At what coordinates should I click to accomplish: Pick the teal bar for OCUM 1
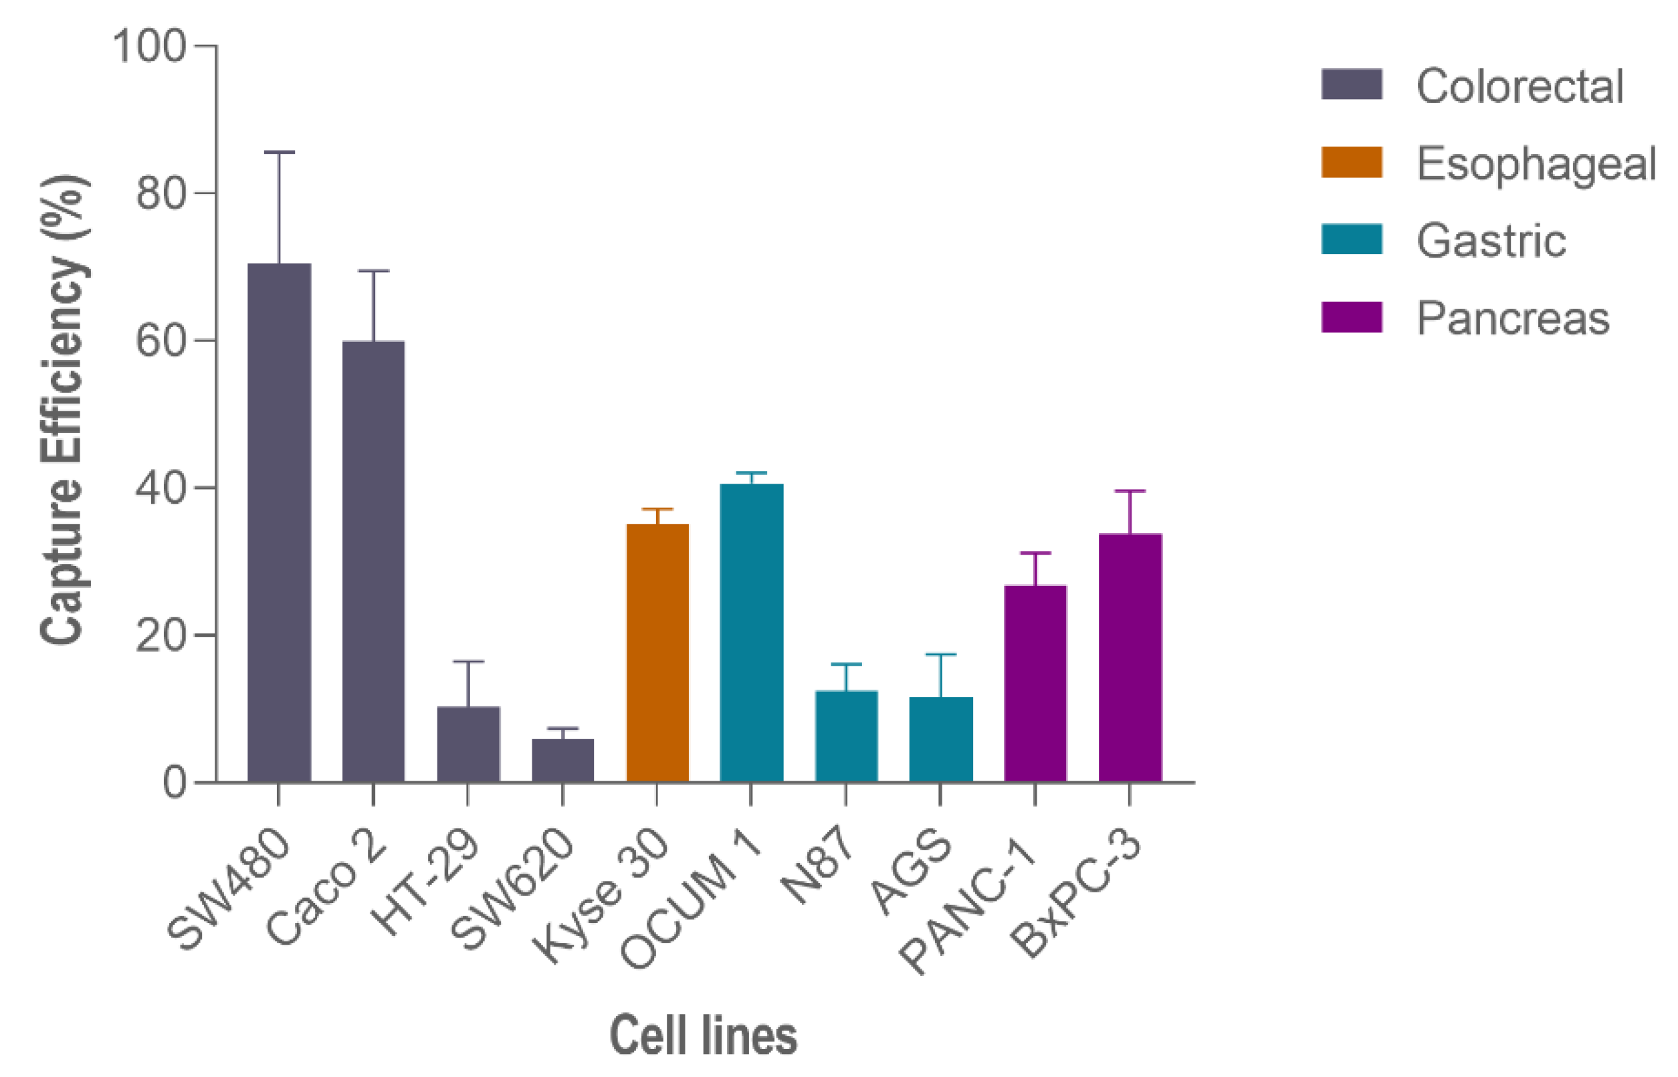752,632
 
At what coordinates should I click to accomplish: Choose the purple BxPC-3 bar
1130,658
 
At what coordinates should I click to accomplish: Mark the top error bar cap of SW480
279,152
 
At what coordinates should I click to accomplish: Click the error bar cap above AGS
940,655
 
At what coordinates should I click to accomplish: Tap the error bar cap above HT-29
468,661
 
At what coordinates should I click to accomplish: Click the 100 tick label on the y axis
148,47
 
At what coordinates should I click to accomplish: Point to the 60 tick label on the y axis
160,342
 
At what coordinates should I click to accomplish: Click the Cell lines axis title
703,1036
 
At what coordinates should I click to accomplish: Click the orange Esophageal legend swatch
1351,163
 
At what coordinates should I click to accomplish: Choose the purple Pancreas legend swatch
1351,317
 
